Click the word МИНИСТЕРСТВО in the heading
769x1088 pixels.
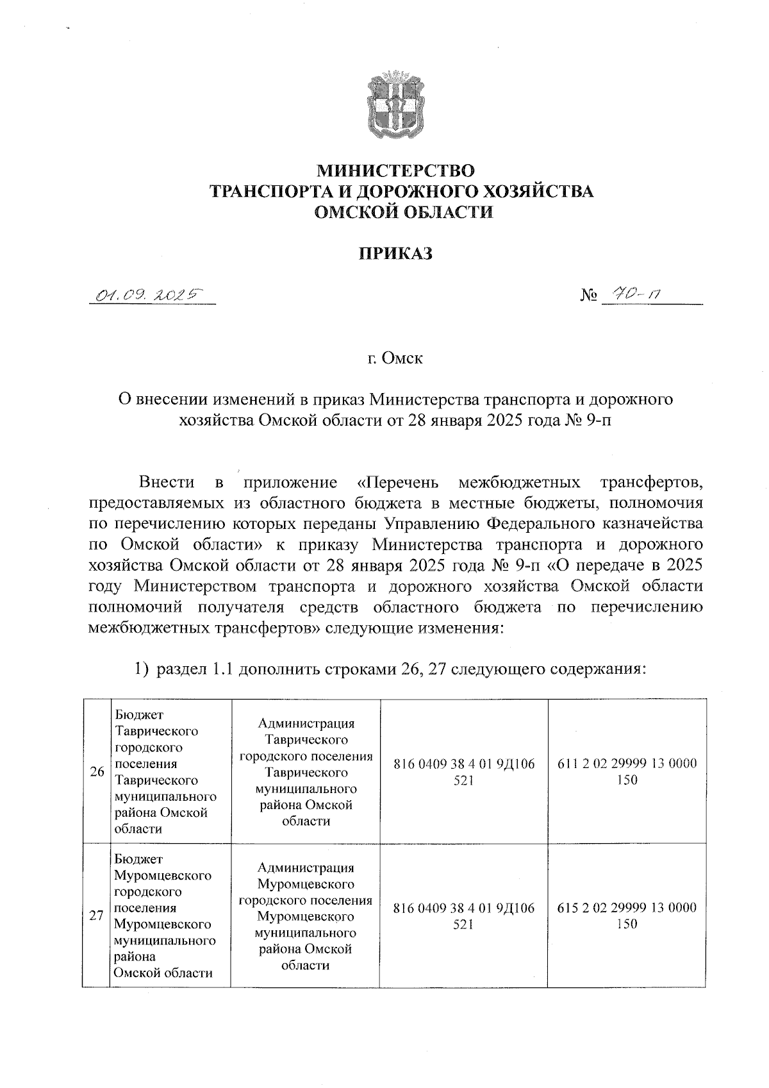coord(397,171)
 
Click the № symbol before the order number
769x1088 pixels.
coord(589,296)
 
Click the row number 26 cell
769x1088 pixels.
coord(97,772)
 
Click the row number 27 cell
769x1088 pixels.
coord(96,916)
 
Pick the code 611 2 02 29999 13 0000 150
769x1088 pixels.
coord(627,772)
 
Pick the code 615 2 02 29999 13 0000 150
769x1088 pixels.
coord(627,916)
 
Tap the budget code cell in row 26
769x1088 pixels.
coord(463,772)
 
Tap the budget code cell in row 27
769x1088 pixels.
coord(463,916)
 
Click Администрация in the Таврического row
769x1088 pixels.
coord(306,723)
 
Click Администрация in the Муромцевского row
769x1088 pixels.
coord(306,867)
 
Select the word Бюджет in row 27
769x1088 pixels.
coord(139,858)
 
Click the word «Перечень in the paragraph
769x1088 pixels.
coord(397,482)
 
